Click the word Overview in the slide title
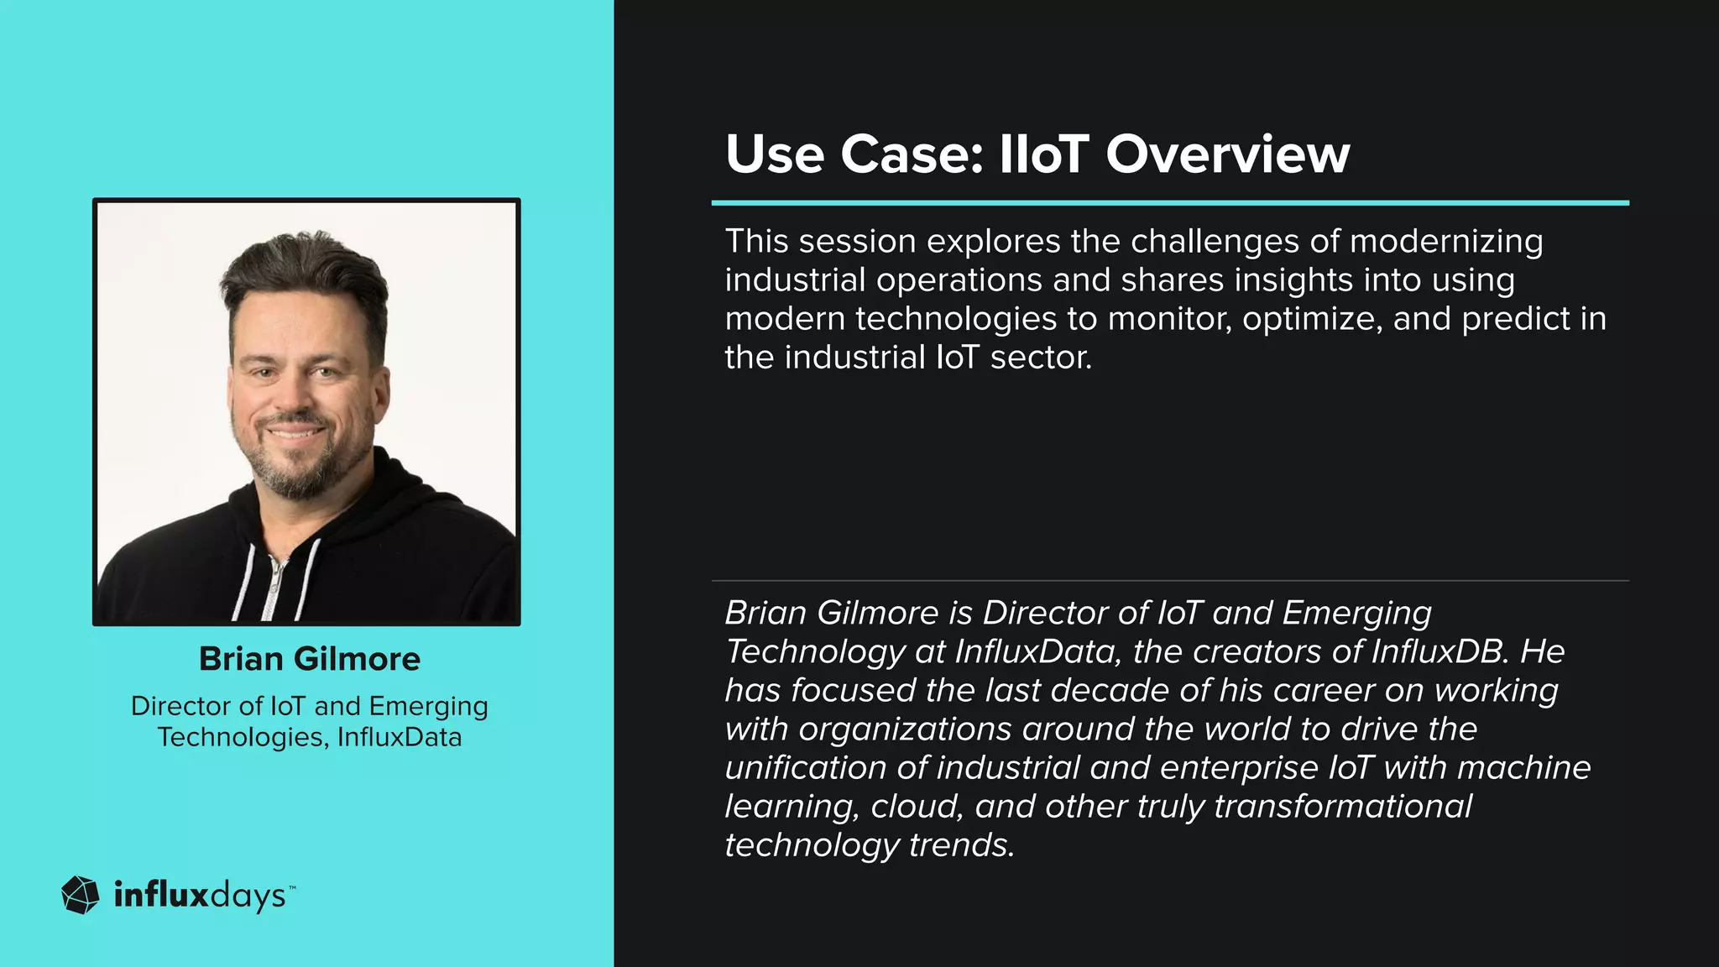point(1227,154)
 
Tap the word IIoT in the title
point(1043,154)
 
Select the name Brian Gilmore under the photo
point(309,659)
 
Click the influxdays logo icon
point(81,895)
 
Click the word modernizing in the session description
point(1446,242)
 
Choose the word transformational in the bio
point(1343,806)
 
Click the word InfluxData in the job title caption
point(400,737)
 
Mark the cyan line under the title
point(1170,203)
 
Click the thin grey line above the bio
point(1170,580)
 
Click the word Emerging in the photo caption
point(428,706)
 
